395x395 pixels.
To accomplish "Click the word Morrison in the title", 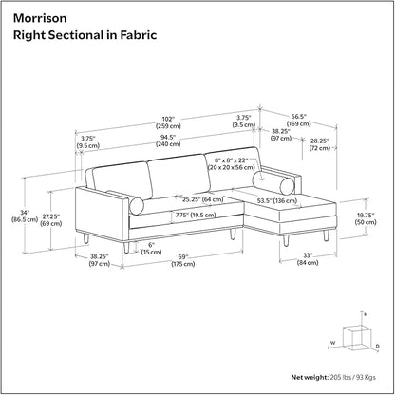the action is pyautogui.click(x=40, y=18).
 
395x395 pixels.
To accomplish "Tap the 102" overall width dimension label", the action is pyautogui.click(x=168, y=122).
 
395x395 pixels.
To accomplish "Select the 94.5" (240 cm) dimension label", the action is pyautogui.click(x=168, y=141).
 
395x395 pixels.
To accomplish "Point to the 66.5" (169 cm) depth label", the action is pyautogui.click(x=299, y=120).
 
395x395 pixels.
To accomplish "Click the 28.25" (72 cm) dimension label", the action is pyautogui.click(x=320, y=144).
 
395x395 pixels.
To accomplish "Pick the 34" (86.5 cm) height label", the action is pyautogui.click(x=25, y=216).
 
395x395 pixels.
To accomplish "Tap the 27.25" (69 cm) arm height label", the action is pyautogui.click(x=51, y=220).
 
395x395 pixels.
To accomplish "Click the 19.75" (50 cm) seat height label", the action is pyautogui.click(x=366, y=218).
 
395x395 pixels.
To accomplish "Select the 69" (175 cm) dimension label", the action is pyautogui.click(x=183, y=260).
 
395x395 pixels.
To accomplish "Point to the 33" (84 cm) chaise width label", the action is pyautogui.click(x=308, y=258).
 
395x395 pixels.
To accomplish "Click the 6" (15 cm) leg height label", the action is pyautogui.click(x=151, y=248).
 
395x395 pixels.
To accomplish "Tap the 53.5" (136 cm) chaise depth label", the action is pyautogui.click(x=277, y=200).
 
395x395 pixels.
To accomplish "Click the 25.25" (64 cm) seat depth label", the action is pyautogui.click(x=202, y=199).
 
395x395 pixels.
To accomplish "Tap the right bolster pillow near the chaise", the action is pyautogui.click(x=274, y=183).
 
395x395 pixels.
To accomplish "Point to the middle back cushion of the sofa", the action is pyautogui.click(x=179, y=176).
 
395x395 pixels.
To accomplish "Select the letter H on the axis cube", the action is pyautogui.click(x=366, y=314).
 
